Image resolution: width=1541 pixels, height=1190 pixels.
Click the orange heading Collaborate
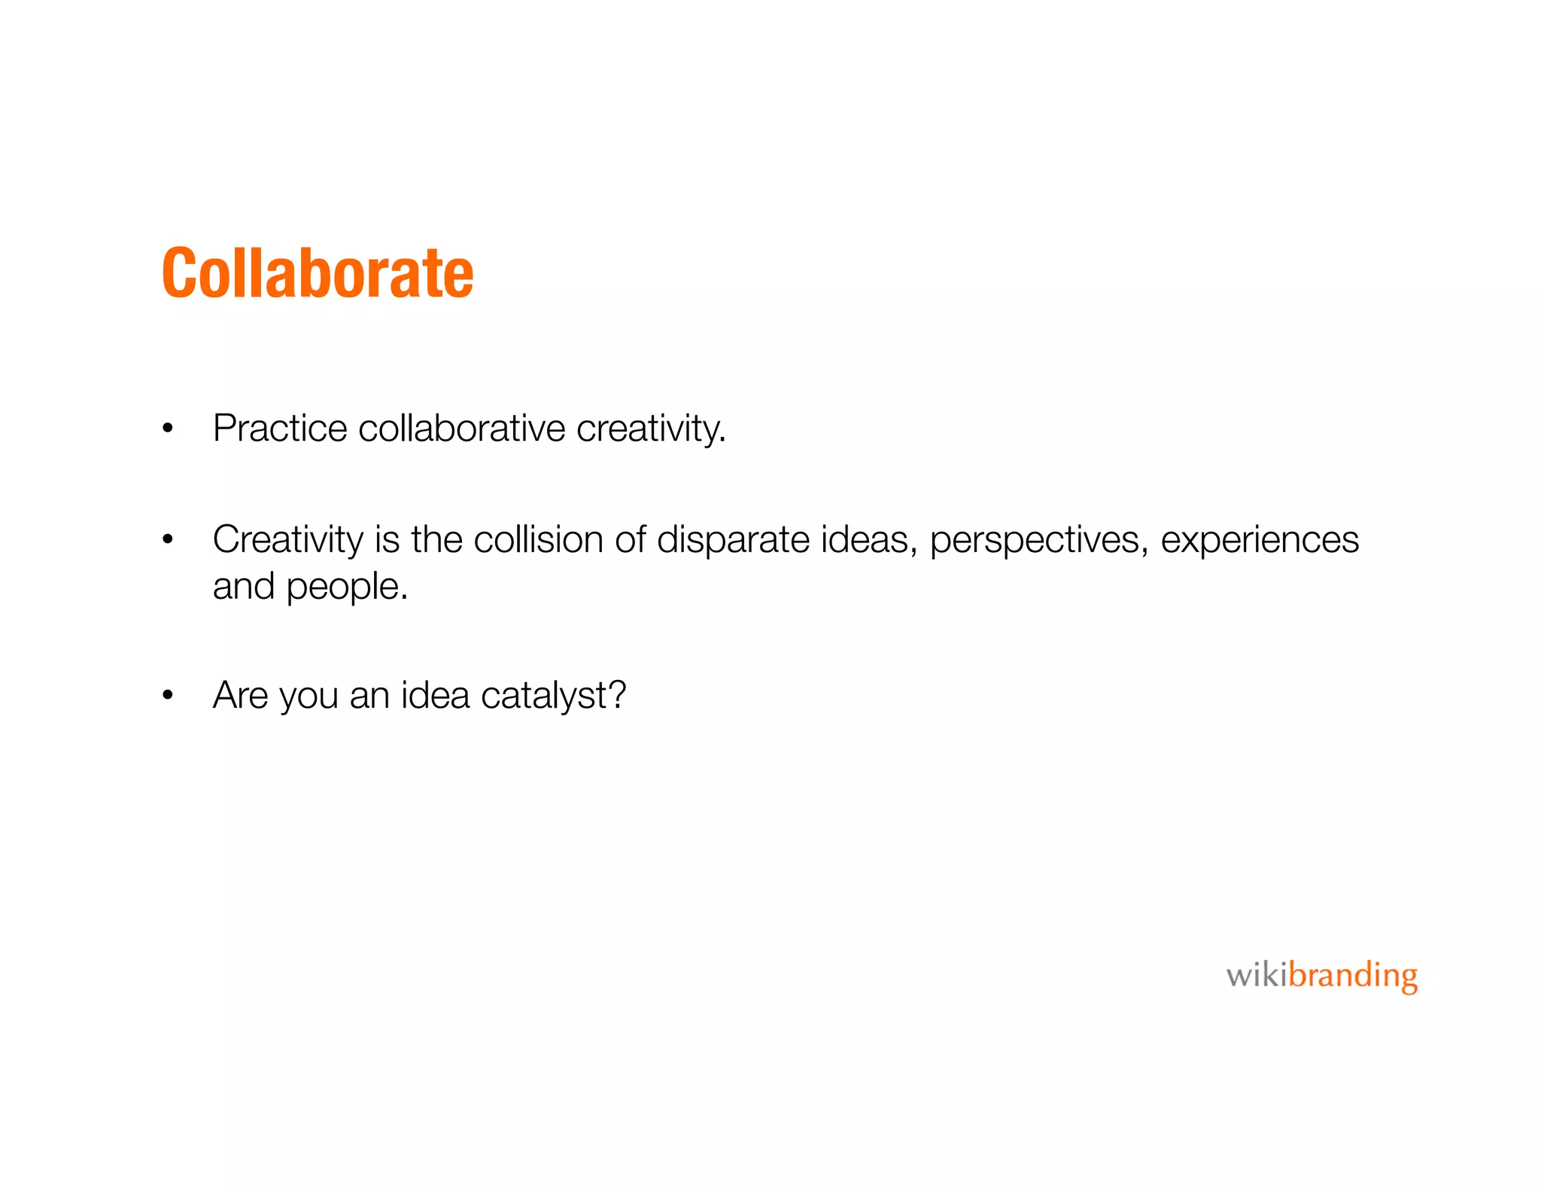point(318,273)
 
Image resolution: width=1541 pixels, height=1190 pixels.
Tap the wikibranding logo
point(1321,976)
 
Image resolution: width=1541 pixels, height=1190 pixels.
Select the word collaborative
point(461,429)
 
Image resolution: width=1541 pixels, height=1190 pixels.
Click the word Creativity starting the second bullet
point(287,540)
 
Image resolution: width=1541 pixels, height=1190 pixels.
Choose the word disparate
point(733,540)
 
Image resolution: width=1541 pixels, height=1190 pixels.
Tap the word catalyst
point(543,696)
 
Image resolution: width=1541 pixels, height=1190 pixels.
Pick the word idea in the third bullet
point(435,695)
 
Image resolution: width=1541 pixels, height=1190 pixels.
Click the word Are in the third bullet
point(240,695)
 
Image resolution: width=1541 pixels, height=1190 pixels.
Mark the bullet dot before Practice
point(168,430)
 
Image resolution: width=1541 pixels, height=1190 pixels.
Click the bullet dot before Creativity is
point(168,540)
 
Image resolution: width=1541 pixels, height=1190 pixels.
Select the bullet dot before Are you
point(168,696)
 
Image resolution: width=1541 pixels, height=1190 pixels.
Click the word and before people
point(243,587)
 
